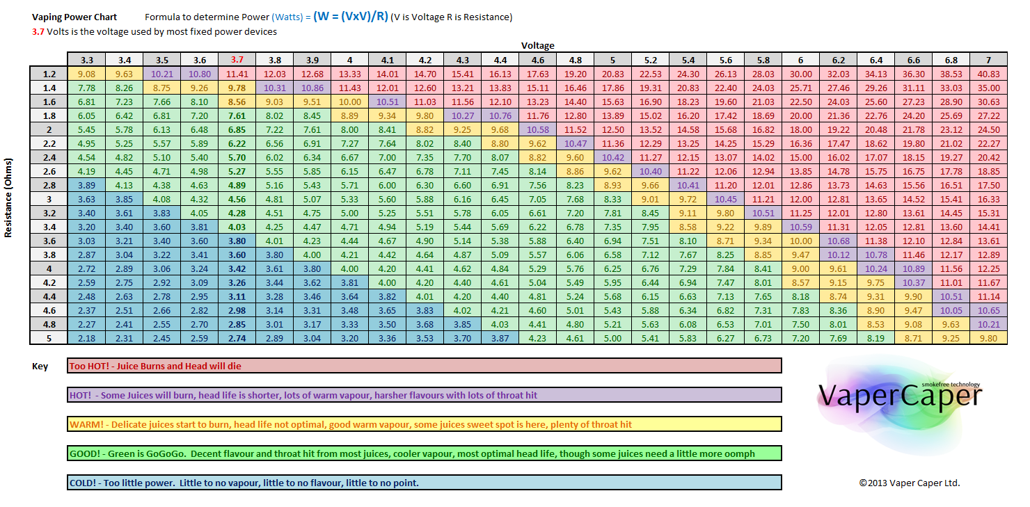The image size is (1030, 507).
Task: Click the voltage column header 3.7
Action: (x=237, y=60)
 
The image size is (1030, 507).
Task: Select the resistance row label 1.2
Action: (x=49, y=74)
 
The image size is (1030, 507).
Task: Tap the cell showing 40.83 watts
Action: (x=988, y=74)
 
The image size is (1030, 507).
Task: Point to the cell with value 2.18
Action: (x=87, y=338)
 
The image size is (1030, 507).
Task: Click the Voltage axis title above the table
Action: (x=537, y=45)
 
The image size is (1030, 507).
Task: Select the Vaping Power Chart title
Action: (x=74, y=17)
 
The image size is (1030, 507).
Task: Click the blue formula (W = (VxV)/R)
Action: (x=350, y=16)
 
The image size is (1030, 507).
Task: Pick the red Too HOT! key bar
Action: (x=424, y=366)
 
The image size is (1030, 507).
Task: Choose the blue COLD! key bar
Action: (x=424, y=483)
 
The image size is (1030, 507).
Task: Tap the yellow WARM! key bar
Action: (x=424, y=424)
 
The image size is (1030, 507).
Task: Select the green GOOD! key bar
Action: (x=424, y=453)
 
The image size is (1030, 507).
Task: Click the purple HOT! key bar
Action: (x=424, y=395)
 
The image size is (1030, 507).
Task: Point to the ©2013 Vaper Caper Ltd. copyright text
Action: (x=909, y=483)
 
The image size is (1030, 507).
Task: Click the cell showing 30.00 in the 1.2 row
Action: (x=800, y=74)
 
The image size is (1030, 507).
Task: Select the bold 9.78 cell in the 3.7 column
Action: (x=237, y=88)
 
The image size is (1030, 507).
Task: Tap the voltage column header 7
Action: (x=988, y=60)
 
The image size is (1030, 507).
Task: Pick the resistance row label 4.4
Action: (x=49, y=296)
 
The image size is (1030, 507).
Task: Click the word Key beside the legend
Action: (x=40, y=367)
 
